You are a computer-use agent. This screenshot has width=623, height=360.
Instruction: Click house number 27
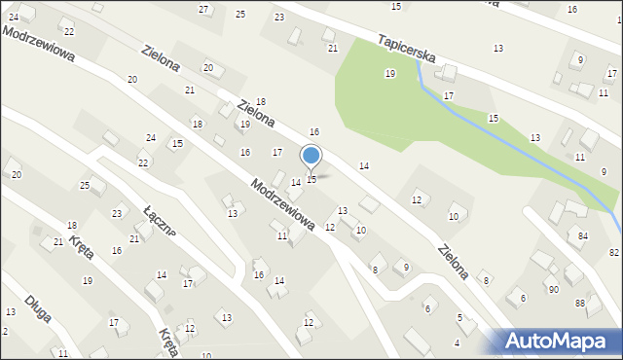tap(203, 10)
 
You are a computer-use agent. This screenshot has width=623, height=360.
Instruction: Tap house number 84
tap(583, 236)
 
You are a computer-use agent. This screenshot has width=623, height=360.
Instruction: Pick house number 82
tap(614, 253)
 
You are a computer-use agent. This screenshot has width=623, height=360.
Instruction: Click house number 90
tap(553, 290)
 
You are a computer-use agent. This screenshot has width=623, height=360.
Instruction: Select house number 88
tap(579, 304)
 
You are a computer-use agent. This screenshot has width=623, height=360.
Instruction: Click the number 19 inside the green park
tap(390, 74)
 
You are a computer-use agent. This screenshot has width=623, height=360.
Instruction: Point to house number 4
tap(458, 343)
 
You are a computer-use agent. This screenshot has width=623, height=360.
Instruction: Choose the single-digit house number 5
tap(459, 318)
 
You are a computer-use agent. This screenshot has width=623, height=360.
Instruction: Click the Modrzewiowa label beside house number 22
tap(39, 45)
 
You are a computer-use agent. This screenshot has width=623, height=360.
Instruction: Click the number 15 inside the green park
tap(494, 118)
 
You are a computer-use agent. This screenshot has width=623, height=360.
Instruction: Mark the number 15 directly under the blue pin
tap(311, 180)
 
